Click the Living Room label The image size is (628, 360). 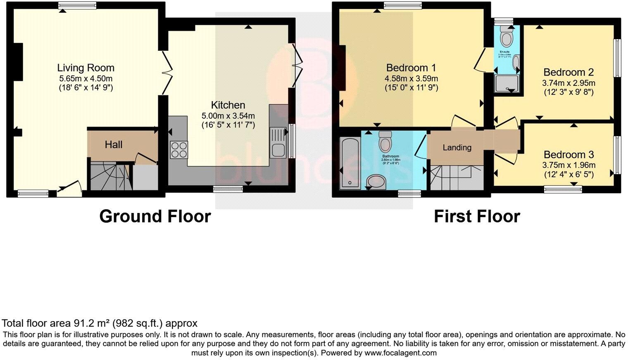86,68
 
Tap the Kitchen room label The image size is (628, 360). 228,105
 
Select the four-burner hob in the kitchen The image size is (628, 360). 179,149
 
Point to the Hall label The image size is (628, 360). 113,145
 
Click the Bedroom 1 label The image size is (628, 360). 411,68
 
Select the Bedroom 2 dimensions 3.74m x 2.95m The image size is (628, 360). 569,83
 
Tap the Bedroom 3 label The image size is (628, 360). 569,155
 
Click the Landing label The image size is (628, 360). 457,147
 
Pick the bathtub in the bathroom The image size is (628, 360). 350,163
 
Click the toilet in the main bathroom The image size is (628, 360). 385,142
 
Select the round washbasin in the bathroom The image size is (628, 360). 376,181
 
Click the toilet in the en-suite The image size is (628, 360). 505,38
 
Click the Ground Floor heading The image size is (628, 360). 155,216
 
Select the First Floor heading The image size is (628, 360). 477,216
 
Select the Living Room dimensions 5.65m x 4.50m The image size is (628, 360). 86,78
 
